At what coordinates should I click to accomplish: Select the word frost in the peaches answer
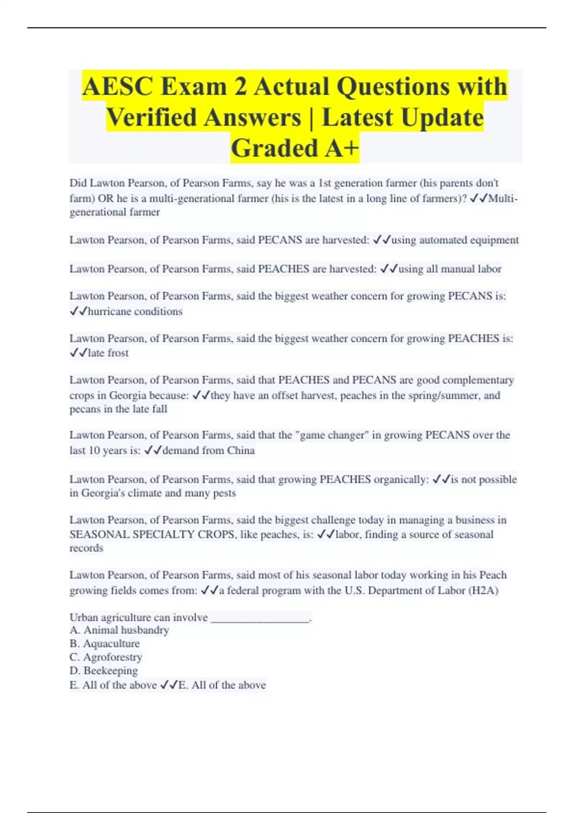pos(118,353)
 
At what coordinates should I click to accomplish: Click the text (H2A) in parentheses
pos(484,590)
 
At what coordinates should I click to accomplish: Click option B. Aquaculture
pos(105,644)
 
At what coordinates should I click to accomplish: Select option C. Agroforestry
pos(106,657)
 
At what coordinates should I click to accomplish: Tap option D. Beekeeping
pos(104,670)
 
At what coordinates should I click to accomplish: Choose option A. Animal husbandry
pos(119,630)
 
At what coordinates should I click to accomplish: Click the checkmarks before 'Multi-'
pos(479,198)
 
